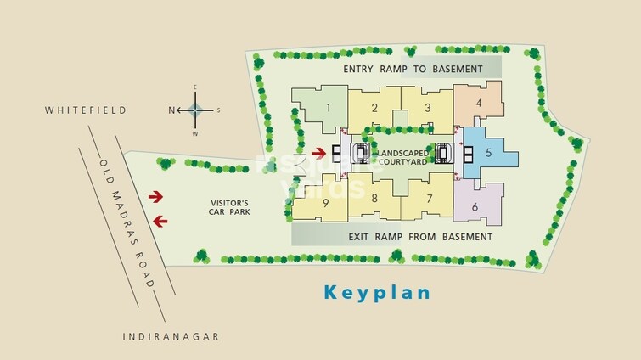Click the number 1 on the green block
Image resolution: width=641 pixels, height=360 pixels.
point(327,108)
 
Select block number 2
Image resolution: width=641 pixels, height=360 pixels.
point(374,108)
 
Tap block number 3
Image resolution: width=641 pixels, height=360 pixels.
point(427,108)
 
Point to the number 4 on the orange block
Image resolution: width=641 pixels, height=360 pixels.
point(479,104)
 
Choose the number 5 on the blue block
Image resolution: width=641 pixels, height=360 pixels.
point(488,153)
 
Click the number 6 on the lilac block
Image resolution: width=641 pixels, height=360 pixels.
point(475,207)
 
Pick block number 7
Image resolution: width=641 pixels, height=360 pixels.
point(430,199)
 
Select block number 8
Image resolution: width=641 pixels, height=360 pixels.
point(374,199)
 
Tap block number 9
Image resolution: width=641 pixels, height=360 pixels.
point(325,204)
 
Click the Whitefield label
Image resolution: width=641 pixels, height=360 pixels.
point(86,110)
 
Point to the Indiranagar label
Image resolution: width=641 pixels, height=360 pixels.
point(171,337)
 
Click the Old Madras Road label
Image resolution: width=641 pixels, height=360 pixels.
point(127,222)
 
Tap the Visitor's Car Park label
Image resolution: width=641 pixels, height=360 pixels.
point(230,207)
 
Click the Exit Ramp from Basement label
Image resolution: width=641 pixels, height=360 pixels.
point(420,237)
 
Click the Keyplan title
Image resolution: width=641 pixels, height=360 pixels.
point(378,293)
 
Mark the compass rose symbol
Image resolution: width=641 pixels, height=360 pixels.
point(195,110)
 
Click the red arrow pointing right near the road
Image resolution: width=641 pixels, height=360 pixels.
point(155,197)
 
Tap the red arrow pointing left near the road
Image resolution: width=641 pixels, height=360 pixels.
point(159,222)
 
